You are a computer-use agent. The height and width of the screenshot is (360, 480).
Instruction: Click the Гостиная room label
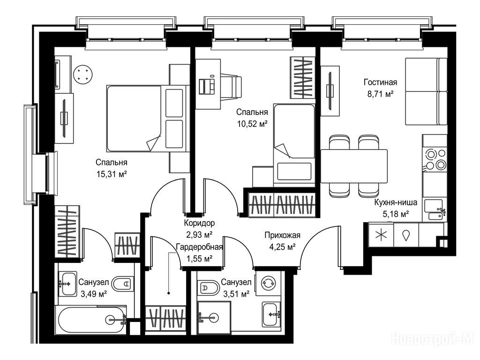pos(380,82)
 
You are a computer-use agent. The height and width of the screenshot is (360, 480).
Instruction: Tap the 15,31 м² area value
pos(112,174)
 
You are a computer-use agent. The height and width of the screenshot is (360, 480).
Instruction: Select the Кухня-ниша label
pos(396,202)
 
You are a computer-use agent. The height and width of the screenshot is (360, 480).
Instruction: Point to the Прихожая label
pos(282,235)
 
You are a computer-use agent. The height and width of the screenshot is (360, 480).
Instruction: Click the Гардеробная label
pos(199,247)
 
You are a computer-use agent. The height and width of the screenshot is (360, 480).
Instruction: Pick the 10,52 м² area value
pos(252,124)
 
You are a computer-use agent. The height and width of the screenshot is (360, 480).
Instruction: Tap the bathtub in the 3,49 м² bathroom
pos(91,320)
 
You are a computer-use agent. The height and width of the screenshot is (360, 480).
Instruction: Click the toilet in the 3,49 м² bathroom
pos(122,284)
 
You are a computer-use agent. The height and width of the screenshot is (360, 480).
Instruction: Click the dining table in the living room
pos(354,166)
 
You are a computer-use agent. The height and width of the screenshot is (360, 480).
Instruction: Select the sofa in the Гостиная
pos(427,91)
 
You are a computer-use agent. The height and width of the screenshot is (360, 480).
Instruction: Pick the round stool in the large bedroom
pos(83,75)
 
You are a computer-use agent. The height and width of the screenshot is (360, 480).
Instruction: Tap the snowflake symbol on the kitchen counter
pos(381,235)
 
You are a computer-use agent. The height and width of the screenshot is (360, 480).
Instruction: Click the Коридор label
pos(199,223)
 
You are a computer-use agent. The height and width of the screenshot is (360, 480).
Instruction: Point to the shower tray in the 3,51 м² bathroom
pos(214,317)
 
